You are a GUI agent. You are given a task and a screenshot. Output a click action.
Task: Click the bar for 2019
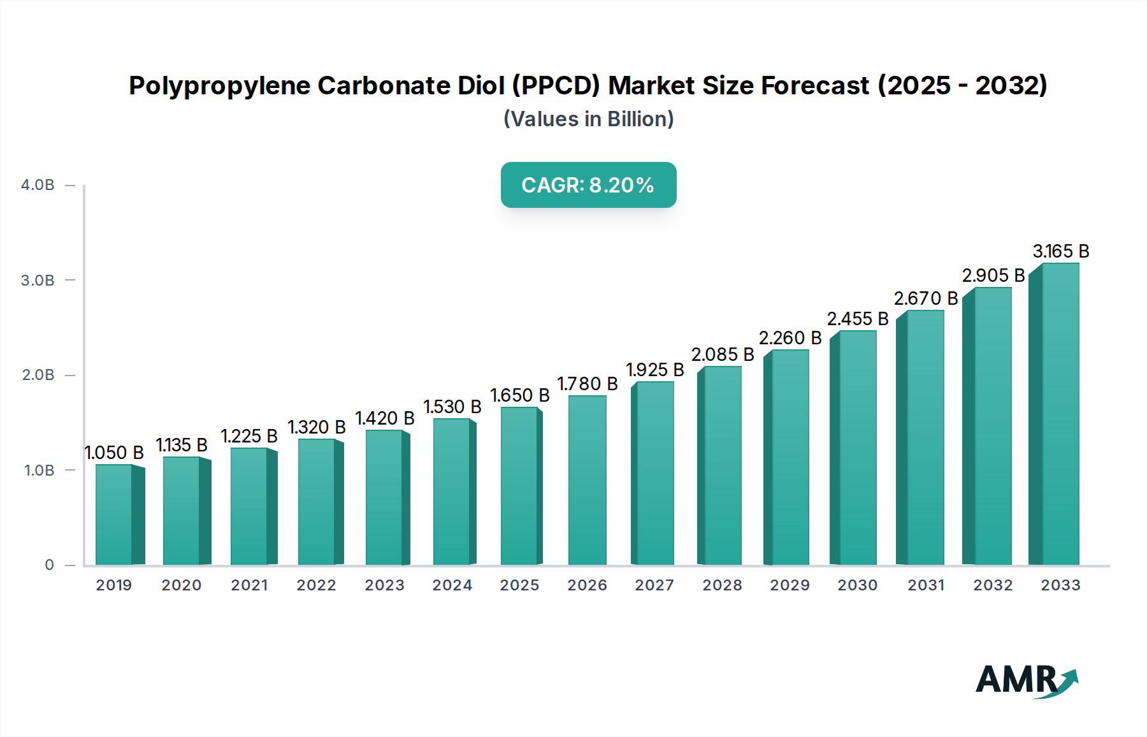pyautogui.click(x=115, y=515)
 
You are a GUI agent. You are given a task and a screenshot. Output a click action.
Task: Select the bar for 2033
pyautogui.click(x=1060, y=414)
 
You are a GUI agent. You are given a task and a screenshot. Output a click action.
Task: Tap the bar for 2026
pyautogui.click(x=587, y=481)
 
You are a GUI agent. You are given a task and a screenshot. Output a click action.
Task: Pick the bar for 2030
pyautogui.click(x=857, y=448)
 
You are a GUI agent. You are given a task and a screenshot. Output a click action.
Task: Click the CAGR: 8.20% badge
pyautogui.click(x=588, y=185)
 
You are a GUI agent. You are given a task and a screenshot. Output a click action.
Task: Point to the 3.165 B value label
pyautogui.click(x=1060, y=251)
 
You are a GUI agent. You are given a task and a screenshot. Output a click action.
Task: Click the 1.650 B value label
pyautogui.click(x=519, y=395)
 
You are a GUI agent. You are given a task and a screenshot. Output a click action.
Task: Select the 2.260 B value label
pyautogui.click(x=790, y=338)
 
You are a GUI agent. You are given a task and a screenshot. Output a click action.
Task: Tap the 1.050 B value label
pyautogui.click(x=114, y=453)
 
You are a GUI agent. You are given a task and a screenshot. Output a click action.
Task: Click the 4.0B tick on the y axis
pyautogui.click(x=38, y=186)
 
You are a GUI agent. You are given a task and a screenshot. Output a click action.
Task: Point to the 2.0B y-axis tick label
pyautogui.click(x=38, y=375)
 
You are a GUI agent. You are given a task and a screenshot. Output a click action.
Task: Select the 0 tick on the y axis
pyautogui.click(x=49, y=565)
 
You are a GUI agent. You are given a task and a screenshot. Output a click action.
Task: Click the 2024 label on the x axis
pyautogui.click(x=452, y=585)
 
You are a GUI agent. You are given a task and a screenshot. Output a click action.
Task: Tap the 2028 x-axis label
pyautogui.click(x=722, y=585)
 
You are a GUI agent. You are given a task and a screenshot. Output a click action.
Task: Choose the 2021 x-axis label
pyautogui.click(x=249, y=585)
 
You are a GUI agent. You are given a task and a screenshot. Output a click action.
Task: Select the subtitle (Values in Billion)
pyautogui.click(x=588, y=119)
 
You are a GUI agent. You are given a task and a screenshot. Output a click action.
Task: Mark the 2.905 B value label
pyautogui.click(x=993, y=275)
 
